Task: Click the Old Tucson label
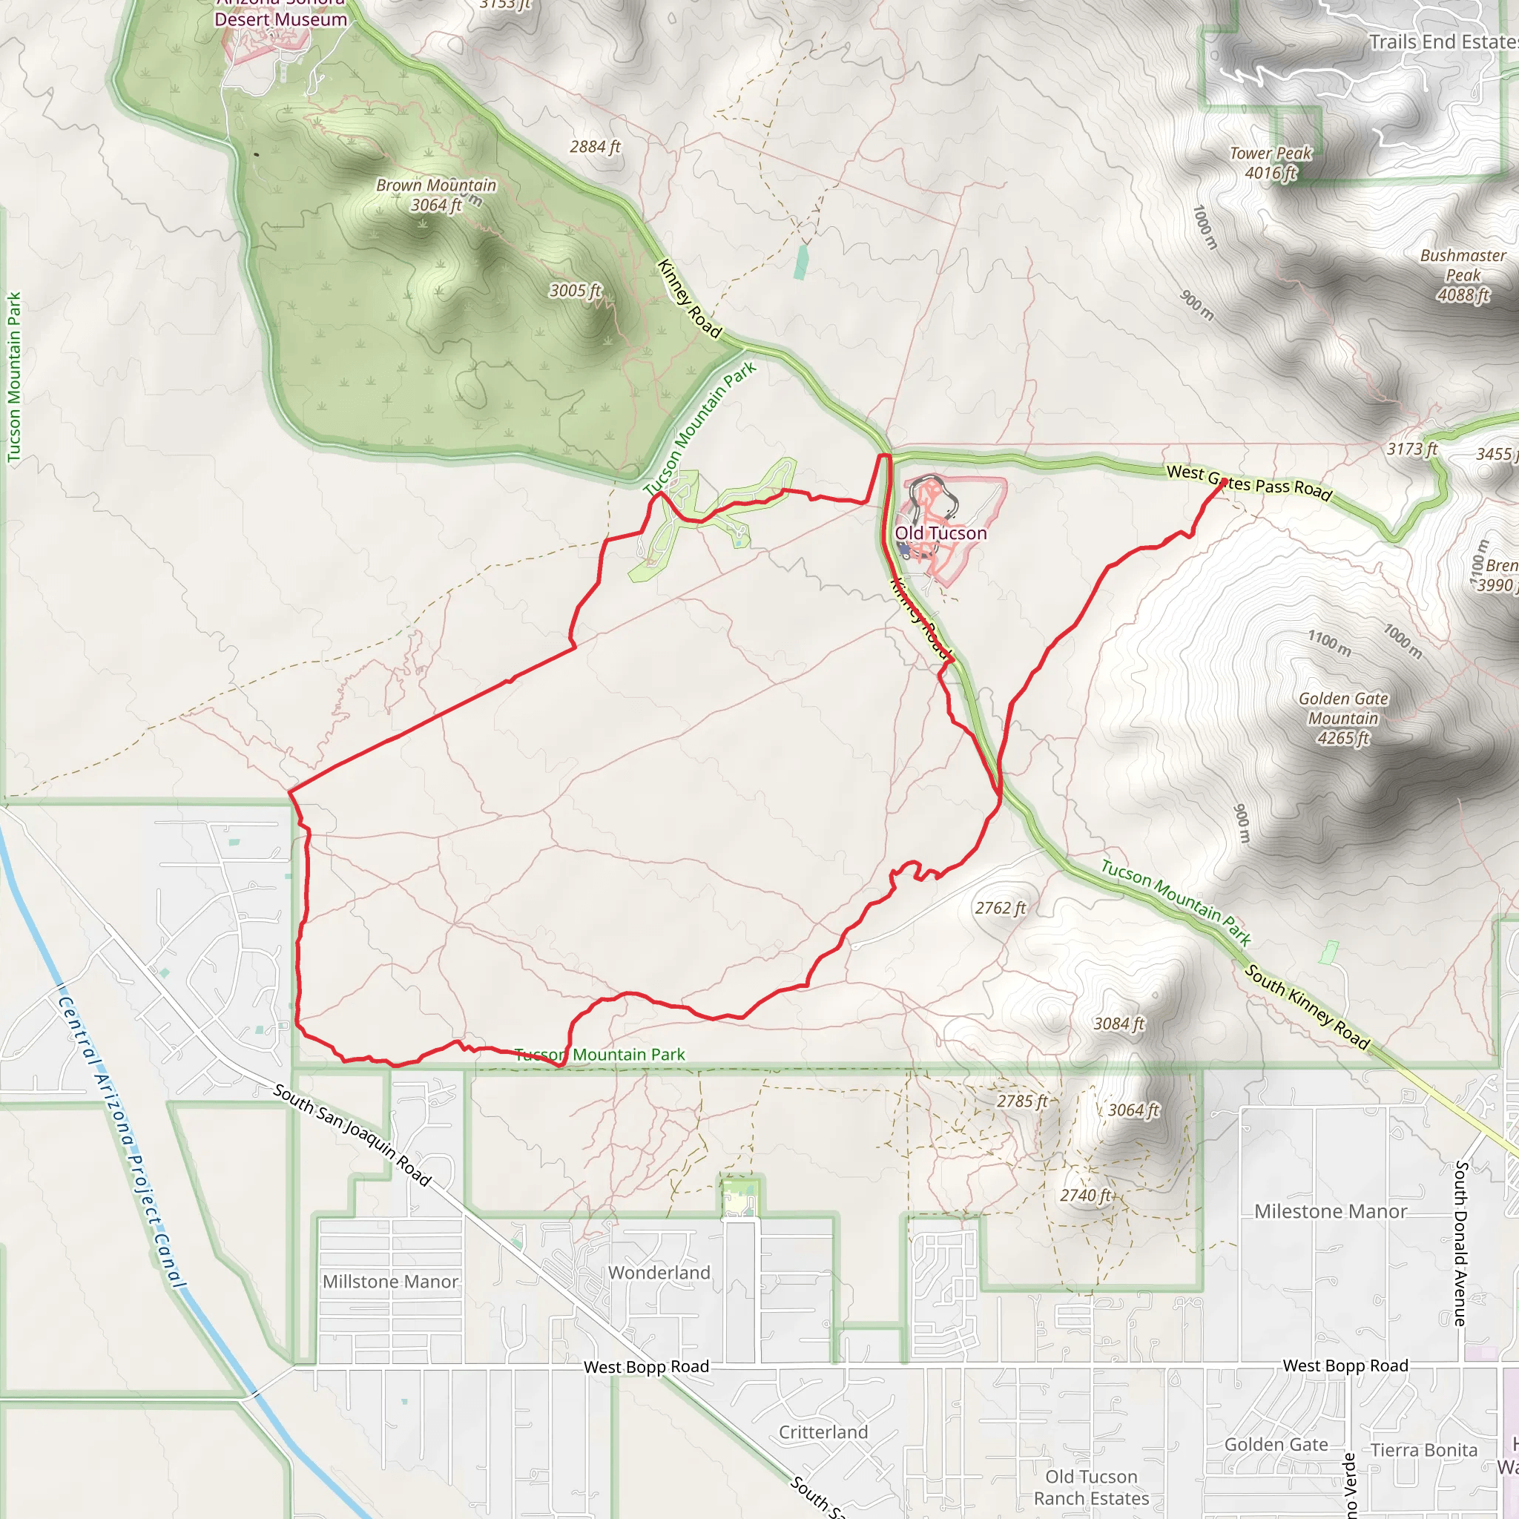[940, 533]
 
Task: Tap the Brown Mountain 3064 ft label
[436, 195]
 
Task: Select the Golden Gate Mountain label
[1343, 718]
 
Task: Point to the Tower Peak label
[1271, 162]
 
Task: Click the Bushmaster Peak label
[1463, 275]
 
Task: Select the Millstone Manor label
[390, 1282]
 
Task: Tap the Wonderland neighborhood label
[659, 1272]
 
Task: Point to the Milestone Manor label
[1331, 1210]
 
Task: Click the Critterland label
[823, 1431]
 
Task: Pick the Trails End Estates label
[1443, 42]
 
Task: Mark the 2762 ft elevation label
[1000, 908]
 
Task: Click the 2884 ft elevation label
[595, 147]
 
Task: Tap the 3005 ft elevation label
[575, 291]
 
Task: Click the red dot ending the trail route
[1222, 483]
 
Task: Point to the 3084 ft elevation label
[1118, 1024]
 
